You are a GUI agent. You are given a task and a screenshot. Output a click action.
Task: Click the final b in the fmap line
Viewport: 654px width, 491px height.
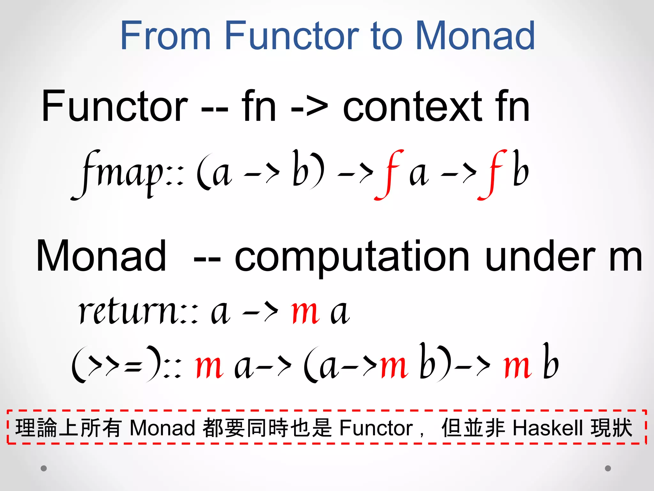pyautogui.click(x=521, y=169)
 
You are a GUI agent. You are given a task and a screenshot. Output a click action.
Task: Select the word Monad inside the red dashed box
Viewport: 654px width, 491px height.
pyautogui.click(x=163, y=428)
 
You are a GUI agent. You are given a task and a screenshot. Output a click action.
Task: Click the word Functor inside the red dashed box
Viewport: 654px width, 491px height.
pyautogui.click(x=376, y=428)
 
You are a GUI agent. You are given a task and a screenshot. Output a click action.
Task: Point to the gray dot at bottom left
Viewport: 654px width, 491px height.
pyautogui.click(x=44, y=468)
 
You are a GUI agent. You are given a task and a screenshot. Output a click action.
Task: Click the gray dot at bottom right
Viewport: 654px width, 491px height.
pyautogui.click(x=608, y=468)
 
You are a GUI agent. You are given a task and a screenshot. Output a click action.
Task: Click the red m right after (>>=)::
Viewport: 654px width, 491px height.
pyautogui.click(x=209, y=366)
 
